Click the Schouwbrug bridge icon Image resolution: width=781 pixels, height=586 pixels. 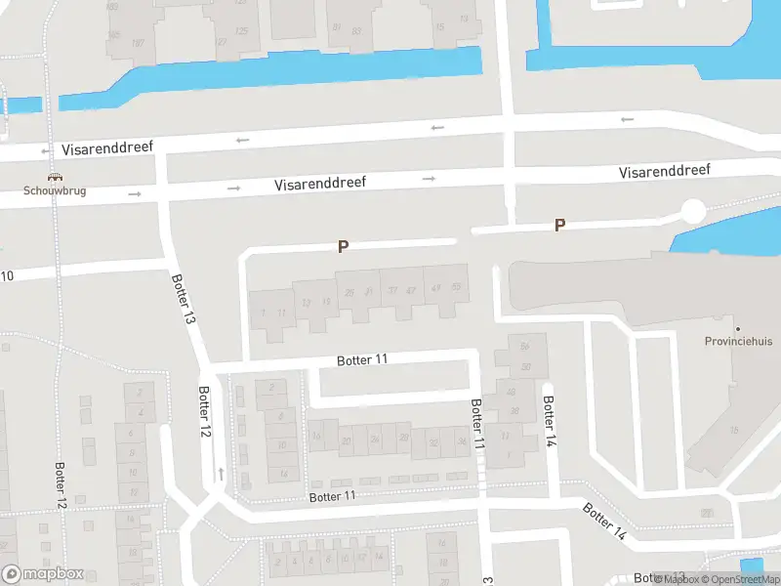[x=57, y=178]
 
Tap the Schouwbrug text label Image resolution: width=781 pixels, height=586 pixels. [x=56, y=190]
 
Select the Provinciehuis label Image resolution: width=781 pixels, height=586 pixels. [x=738, y=342]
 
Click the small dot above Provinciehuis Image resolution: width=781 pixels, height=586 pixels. [x=738, y=329]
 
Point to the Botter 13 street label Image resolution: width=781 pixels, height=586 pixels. [x=183, y=299]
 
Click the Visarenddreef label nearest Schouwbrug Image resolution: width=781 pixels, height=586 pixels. [x=107, y=149]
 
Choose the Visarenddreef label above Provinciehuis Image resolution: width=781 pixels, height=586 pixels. [x=664, y=172]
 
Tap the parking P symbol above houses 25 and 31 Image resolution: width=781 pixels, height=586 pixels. [x=343, y=247]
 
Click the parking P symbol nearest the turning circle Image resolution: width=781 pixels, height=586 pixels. [x=559, y=226]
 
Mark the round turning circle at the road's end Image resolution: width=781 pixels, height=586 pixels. [x=692, y=210]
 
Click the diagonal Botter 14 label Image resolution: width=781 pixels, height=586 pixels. [x=605, y=523]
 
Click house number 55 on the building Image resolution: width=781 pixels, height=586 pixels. [x=456, y=287]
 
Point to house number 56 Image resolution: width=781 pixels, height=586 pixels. [x=524, y=346]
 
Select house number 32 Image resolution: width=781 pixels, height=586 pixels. [x=432, y=441]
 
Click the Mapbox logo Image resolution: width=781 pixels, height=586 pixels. [x=43, y=574]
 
